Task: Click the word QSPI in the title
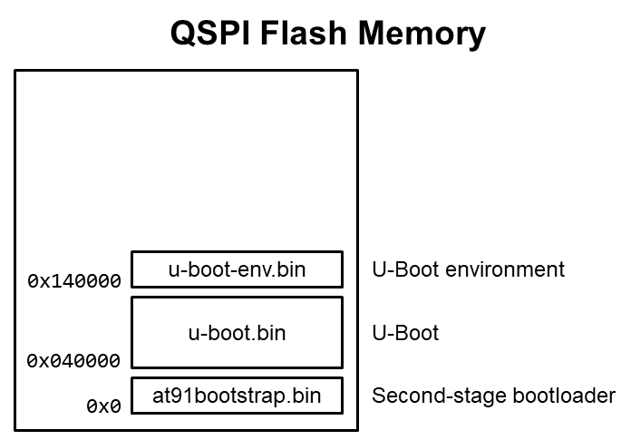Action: point(210,34)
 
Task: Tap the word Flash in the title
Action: point(304,33)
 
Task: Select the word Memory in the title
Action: point(422,34)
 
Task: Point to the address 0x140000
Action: point(74,281)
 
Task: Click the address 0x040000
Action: point(73,361)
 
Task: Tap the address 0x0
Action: point(103,406)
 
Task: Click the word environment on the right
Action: point(505,269)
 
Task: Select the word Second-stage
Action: point(439,396)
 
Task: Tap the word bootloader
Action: point(564,396)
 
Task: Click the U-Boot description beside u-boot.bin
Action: point(405,333)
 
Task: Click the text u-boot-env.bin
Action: point(237,269)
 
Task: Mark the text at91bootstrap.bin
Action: point(237,396)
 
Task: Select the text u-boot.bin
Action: point(237,333)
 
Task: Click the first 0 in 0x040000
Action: point(33,361)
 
